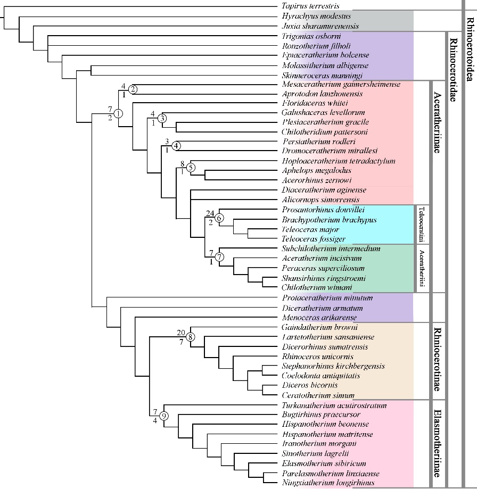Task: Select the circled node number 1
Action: [118, 113]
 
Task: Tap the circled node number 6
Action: [220, 217]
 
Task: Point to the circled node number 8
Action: [190, 337]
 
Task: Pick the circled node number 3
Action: [162, 132]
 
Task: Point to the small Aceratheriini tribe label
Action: [422, 268]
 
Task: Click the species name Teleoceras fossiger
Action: [314, 239]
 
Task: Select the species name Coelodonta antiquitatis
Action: [320, 376]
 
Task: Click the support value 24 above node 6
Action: [210, 213]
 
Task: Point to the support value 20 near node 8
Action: [180, 333]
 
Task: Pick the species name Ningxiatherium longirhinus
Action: [328, 483]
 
